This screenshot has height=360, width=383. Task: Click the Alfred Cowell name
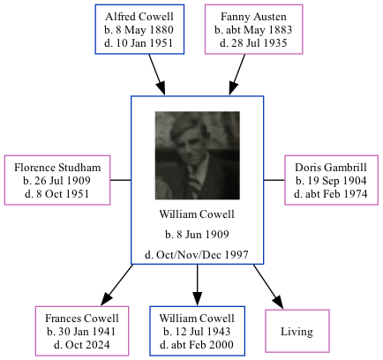tap(139, 17)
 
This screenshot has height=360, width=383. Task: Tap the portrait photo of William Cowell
tap(197, 155)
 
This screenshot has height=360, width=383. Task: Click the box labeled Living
tap(297, 332)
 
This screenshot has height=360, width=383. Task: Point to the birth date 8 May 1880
tap(139, 29)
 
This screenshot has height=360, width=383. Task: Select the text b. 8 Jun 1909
tap(197, 235)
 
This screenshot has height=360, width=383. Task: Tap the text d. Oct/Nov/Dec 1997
tap(197, 256)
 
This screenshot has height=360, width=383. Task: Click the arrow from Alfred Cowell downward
tap(157, 74)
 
